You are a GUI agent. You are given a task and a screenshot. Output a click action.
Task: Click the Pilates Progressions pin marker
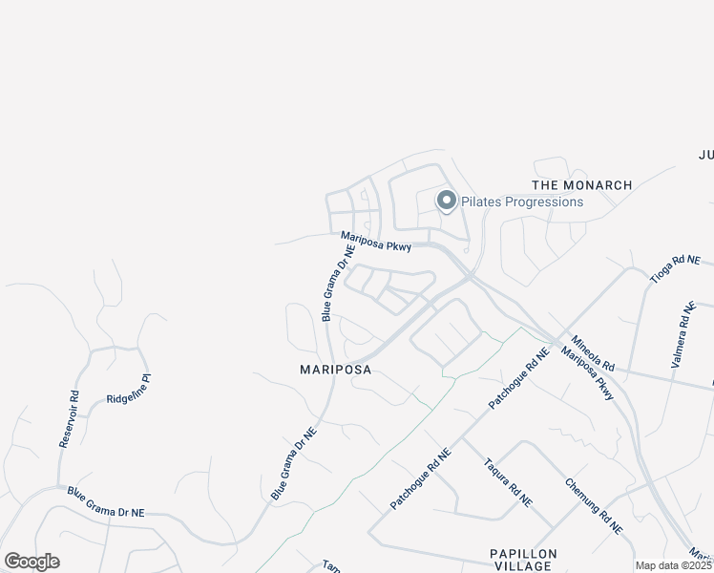tap(446, 200)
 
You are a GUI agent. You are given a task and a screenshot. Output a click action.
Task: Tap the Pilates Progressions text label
tap(522, 202)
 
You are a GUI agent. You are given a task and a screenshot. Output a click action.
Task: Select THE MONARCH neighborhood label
tap(582, 185)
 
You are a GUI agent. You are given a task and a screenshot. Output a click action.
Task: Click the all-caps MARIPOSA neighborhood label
tap(334, 369)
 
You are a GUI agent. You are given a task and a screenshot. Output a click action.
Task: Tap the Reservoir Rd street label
tap(68, 419)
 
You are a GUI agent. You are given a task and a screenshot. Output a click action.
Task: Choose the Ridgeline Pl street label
tap(129, 391)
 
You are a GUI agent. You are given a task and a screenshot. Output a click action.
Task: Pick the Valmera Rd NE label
tap(682, 335)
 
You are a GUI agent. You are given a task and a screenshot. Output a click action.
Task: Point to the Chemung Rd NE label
tap(594, 506)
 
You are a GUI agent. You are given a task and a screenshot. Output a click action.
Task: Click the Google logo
tap(31, 562)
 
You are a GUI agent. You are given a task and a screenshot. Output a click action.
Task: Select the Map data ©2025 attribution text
tap(674, 565)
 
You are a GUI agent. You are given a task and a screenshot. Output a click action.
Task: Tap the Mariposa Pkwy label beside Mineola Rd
tap(589, 373)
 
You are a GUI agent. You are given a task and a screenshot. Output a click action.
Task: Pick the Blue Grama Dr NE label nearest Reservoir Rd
tap(105, 501)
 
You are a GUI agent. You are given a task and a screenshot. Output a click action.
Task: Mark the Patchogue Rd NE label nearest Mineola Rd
tap(519, 378)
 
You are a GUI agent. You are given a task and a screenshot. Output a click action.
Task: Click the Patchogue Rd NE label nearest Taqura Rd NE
tap(420, 479)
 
